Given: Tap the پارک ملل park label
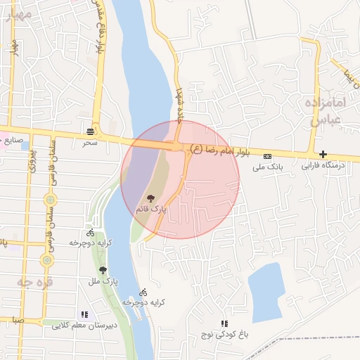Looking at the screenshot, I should (103, 281).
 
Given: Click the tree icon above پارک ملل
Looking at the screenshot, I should (103, 270).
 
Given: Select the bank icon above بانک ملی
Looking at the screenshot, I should (266, 156).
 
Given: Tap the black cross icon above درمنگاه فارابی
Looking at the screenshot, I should (323, 155).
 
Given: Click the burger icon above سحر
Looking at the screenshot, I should (91, 131).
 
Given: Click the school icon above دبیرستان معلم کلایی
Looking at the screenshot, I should (85, 315).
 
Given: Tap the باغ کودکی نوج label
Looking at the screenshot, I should (225, 335).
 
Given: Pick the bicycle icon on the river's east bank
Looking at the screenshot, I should (143, 292).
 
